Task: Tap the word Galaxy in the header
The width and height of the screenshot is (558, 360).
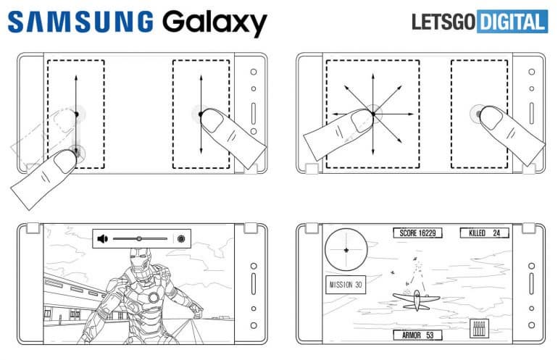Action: [214, 23]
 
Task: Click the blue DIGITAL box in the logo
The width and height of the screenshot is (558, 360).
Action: [511, 22]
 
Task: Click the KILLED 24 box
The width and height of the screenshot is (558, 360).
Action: [485, 233]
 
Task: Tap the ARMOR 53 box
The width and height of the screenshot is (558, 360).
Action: [418, 335]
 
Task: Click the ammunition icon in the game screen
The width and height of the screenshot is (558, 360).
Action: [479, 327]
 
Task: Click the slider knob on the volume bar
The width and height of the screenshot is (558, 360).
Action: [138, 238]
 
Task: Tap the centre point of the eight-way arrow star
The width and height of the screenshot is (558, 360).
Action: [372, 113]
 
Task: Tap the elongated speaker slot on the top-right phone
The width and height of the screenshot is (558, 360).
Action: [533, 115]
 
